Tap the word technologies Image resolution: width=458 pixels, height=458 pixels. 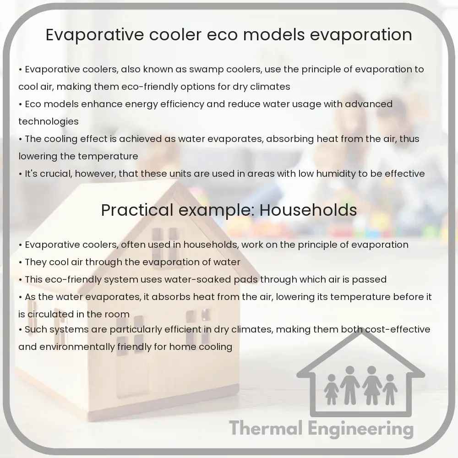click(49, 121)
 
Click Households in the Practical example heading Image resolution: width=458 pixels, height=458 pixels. click(308, 210)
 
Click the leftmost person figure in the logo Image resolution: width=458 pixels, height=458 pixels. click(330, 392)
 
